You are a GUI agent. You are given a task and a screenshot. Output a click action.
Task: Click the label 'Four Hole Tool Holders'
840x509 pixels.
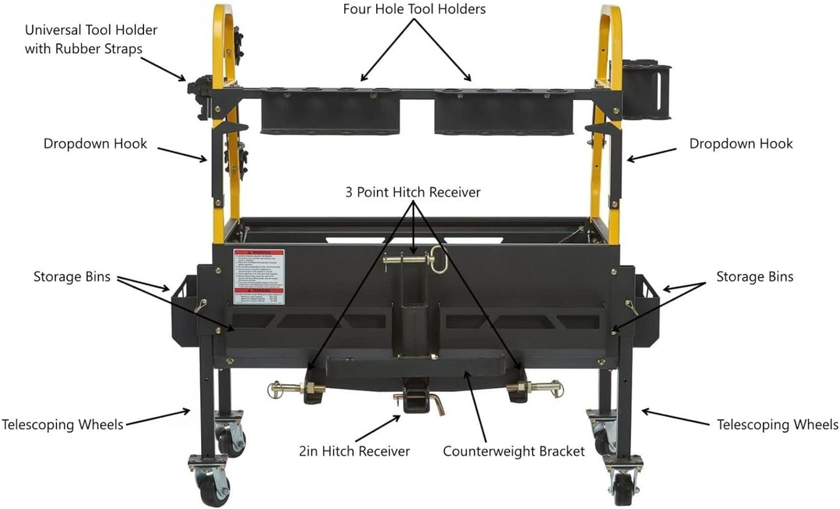[x=414, y=10]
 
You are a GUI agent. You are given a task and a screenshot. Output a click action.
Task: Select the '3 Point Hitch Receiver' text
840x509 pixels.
[x=413, y=192]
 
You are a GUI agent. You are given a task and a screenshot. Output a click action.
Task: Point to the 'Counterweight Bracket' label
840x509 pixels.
[x=514, y=451]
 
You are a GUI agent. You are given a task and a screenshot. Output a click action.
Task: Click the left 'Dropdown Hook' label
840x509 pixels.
[x=95, y=144]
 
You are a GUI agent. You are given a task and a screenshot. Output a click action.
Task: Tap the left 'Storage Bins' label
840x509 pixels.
[x=72, y=277]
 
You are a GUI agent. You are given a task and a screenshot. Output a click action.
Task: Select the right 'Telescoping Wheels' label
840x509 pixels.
[x=778, y=424]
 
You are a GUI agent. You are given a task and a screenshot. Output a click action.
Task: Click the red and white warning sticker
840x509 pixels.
[x=259, y=276]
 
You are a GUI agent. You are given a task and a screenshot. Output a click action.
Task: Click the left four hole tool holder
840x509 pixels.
[x=331, y=111]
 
